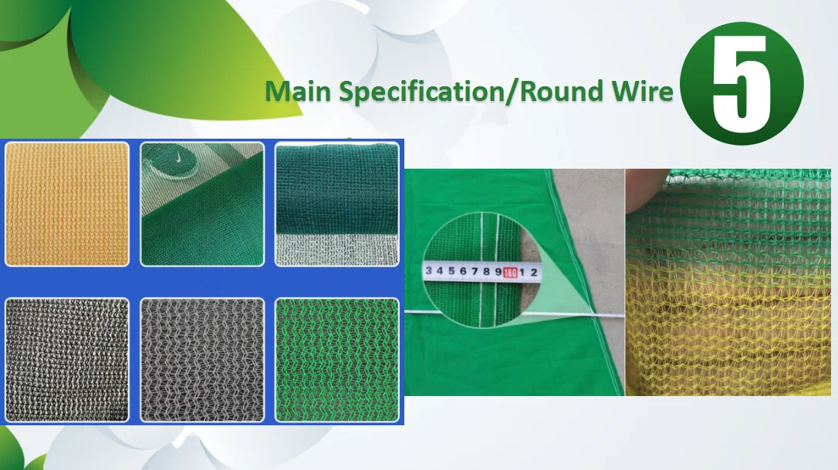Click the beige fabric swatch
[x=67, y=204]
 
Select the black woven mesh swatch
[x=67, y=359]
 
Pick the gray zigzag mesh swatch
[x=202, y=359]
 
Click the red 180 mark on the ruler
[x=510, y=271]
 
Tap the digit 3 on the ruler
[x=428, y=270]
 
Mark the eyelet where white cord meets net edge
[x=593, y=317]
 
